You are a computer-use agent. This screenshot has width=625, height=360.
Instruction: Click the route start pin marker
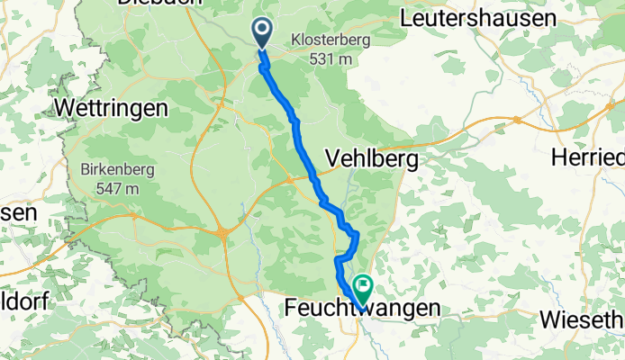[x=263, y=32]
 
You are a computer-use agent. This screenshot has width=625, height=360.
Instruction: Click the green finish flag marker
[x=364, y=289]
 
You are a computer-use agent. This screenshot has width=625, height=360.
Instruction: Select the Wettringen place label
[x=112, y=108]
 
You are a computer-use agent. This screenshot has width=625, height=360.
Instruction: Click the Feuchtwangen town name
[x=363, y=309]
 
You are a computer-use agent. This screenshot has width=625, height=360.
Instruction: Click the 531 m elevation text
[x=326, y=59]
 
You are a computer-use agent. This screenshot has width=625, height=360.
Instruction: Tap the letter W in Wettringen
[x=65, y=108]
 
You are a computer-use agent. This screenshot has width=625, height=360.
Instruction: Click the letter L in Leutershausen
[x=405, y=18]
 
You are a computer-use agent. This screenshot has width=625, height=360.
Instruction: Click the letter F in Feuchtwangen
[x=291, y=309]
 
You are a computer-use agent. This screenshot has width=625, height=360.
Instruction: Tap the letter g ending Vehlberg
[x=411, y=162]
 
